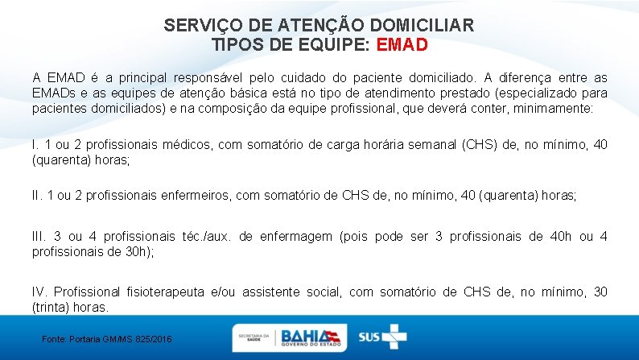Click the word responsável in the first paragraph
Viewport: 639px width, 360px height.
point(201,78)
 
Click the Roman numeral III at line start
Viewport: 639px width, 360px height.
point(39,236)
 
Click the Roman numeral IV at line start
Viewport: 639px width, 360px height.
point(40,292)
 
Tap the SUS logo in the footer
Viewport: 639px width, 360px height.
point(383,337)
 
